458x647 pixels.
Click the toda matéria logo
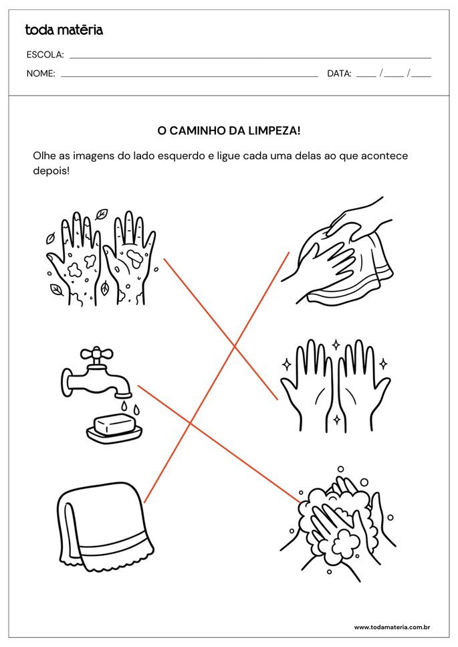tap(64, 29)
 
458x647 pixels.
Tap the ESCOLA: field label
tap(45, 55)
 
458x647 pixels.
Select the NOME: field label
tap(41, 74)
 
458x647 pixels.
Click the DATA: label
tap(339, 74)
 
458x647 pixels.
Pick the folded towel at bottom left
tap(101, 526)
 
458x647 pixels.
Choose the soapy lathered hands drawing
tap(338, 519)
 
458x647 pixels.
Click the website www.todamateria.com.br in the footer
tap(391, 627)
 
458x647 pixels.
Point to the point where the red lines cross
tap(234, 347)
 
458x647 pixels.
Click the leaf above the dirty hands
tap(101, 215)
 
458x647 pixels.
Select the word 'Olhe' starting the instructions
tap(44, 155)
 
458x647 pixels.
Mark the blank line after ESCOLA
tap(250, 58)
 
